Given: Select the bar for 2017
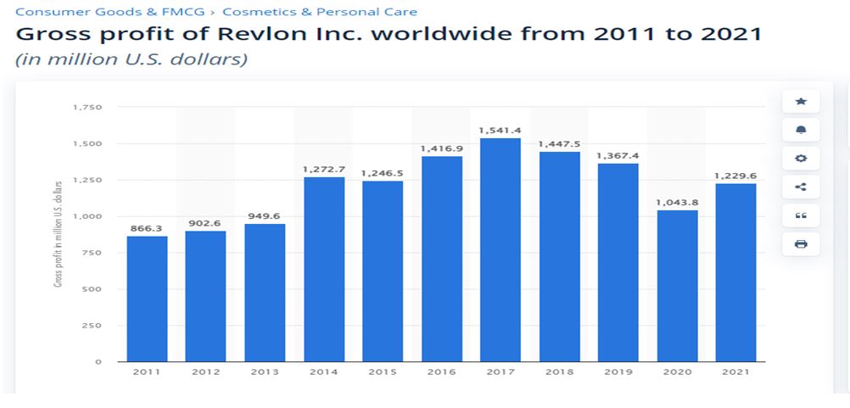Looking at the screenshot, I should click(x=500, y=249).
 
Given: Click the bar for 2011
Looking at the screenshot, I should click(x=147, y=299).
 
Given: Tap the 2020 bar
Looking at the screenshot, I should click(x=677, y=285).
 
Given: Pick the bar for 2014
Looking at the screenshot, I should click(x=324, y=269).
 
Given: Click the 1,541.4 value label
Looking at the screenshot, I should click(x=500, y=130).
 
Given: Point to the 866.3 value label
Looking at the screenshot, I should click(x=147, y=228).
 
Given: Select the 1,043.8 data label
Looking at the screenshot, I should click(x=677, y=202).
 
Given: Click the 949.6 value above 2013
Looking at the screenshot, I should click(x=265, y=215).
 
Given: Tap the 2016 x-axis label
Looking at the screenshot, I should click(x=441, y=372).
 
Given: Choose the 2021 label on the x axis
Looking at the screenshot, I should click(x=735, y=372).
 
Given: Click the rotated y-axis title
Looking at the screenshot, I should click(x=59, y=233).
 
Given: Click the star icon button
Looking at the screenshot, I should click(x=801, y=102).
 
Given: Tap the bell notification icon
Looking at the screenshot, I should click(x=801, y=130).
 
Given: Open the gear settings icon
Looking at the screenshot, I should click(x=801, y=159).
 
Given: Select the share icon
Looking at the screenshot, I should click(x=801, y=187).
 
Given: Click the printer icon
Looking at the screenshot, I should click(x=801, y=244).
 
